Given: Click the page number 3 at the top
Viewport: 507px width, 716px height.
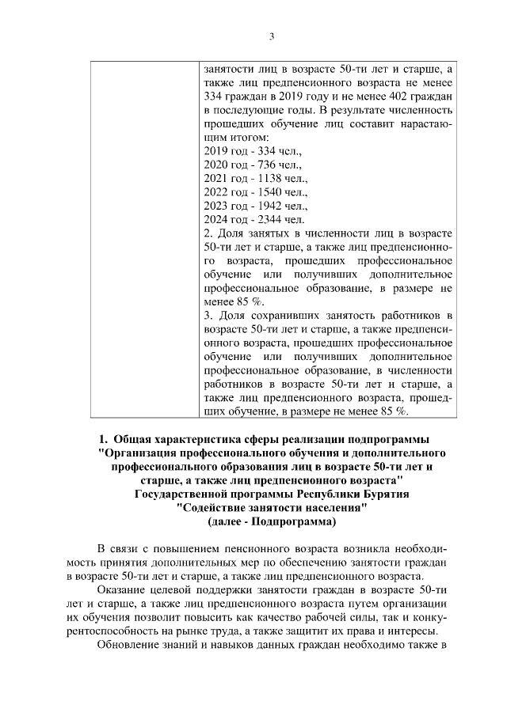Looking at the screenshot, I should tap(272, 36).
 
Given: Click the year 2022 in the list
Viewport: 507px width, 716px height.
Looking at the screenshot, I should tap(216, 192).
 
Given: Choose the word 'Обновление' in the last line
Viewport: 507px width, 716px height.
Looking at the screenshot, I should tap(125, 646).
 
